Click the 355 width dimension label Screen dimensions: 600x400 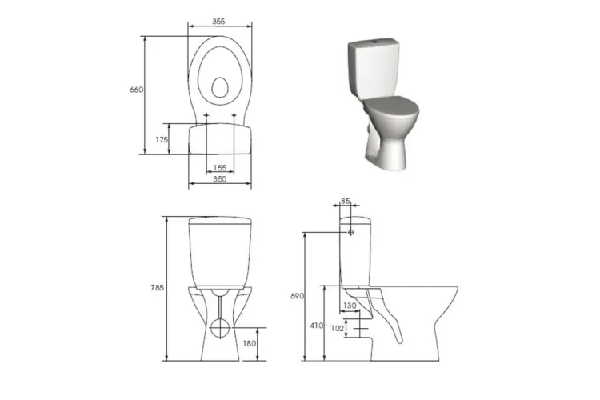218,22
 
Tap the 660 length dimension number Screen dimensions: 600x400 137,90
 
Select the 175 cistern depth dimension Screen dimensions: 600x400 162,140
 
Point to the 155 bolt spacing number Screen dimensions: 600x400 220,168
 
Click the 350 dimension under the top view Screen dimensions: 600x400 220,178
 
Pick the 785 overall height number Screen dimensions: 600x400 158,288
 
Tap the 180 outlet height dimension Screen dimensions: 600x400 250,343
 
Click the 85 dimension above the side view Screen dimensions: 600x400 346,201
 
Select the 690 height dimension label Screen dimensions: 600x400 298,296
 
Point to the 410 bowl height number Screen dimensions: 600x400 317,326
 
